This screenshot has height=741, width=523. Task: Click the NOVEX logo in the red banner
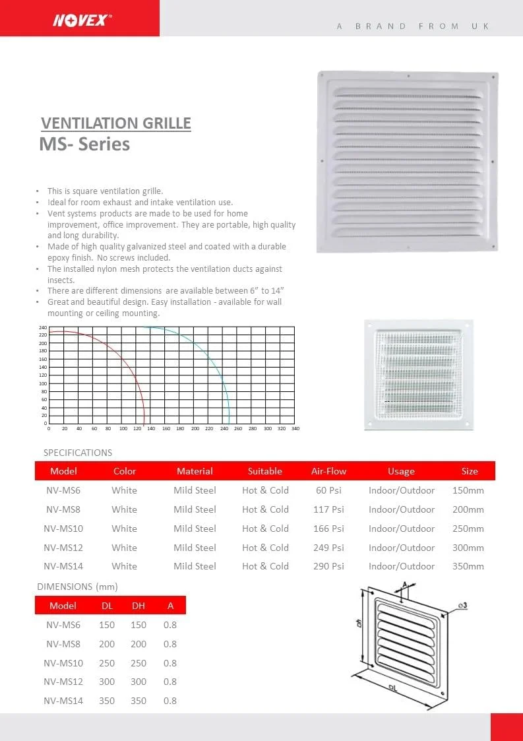pyautogui.click(x=82, y=20)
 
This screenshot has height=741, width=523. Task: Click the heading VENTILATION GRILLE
pyautogui.click(x=116, y=123)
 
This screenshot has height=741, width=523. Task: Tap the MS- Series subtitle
pyautogui.click(x=84, y=145)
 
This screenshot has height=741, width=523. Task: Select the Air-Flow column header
pyautogui.click(x=328, y=471)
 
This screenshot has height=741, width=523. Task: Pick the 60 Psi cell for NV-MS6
pyautogui.click(x=328, y=490)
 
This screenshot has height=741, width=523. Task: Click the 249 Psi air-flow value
pyautogui.click(x=328, y=548)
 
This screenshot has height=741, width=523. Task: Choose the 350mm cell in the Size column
pyautogui.click(x=468, y=566)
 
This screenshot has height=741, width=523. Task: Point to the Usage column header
pyautogui.click(x=401, y=471)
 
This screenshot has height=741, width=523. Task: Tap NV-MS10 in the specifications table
pyautogui.click(x=63, y=529)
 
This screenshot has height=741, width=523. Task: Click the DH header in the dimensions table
pyautogui.click(x=138, y=606)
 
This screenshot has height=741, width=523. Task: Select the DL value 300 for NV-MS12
pyautogui.click(x=107, y=682)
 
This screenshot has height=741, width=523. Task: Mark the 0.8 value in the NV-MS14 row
pyautogui.click(x=170, y=701)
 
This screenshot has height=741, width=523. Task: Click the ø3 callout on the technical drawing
pyautogui.click(x=462, y=606)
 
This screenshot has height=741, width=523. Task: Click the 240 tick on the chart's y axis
pyautogui.click(x=43, y=328)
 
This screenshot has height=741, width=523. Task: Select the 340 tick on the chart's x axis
pyautogui.click(x=295, y=429)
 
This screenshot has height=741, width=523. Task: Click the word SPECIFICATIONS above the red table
pyautogui.click(x=78, y=453)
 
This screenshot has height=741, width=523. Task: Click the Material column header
pyautogui.click(x=195, y=471)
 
